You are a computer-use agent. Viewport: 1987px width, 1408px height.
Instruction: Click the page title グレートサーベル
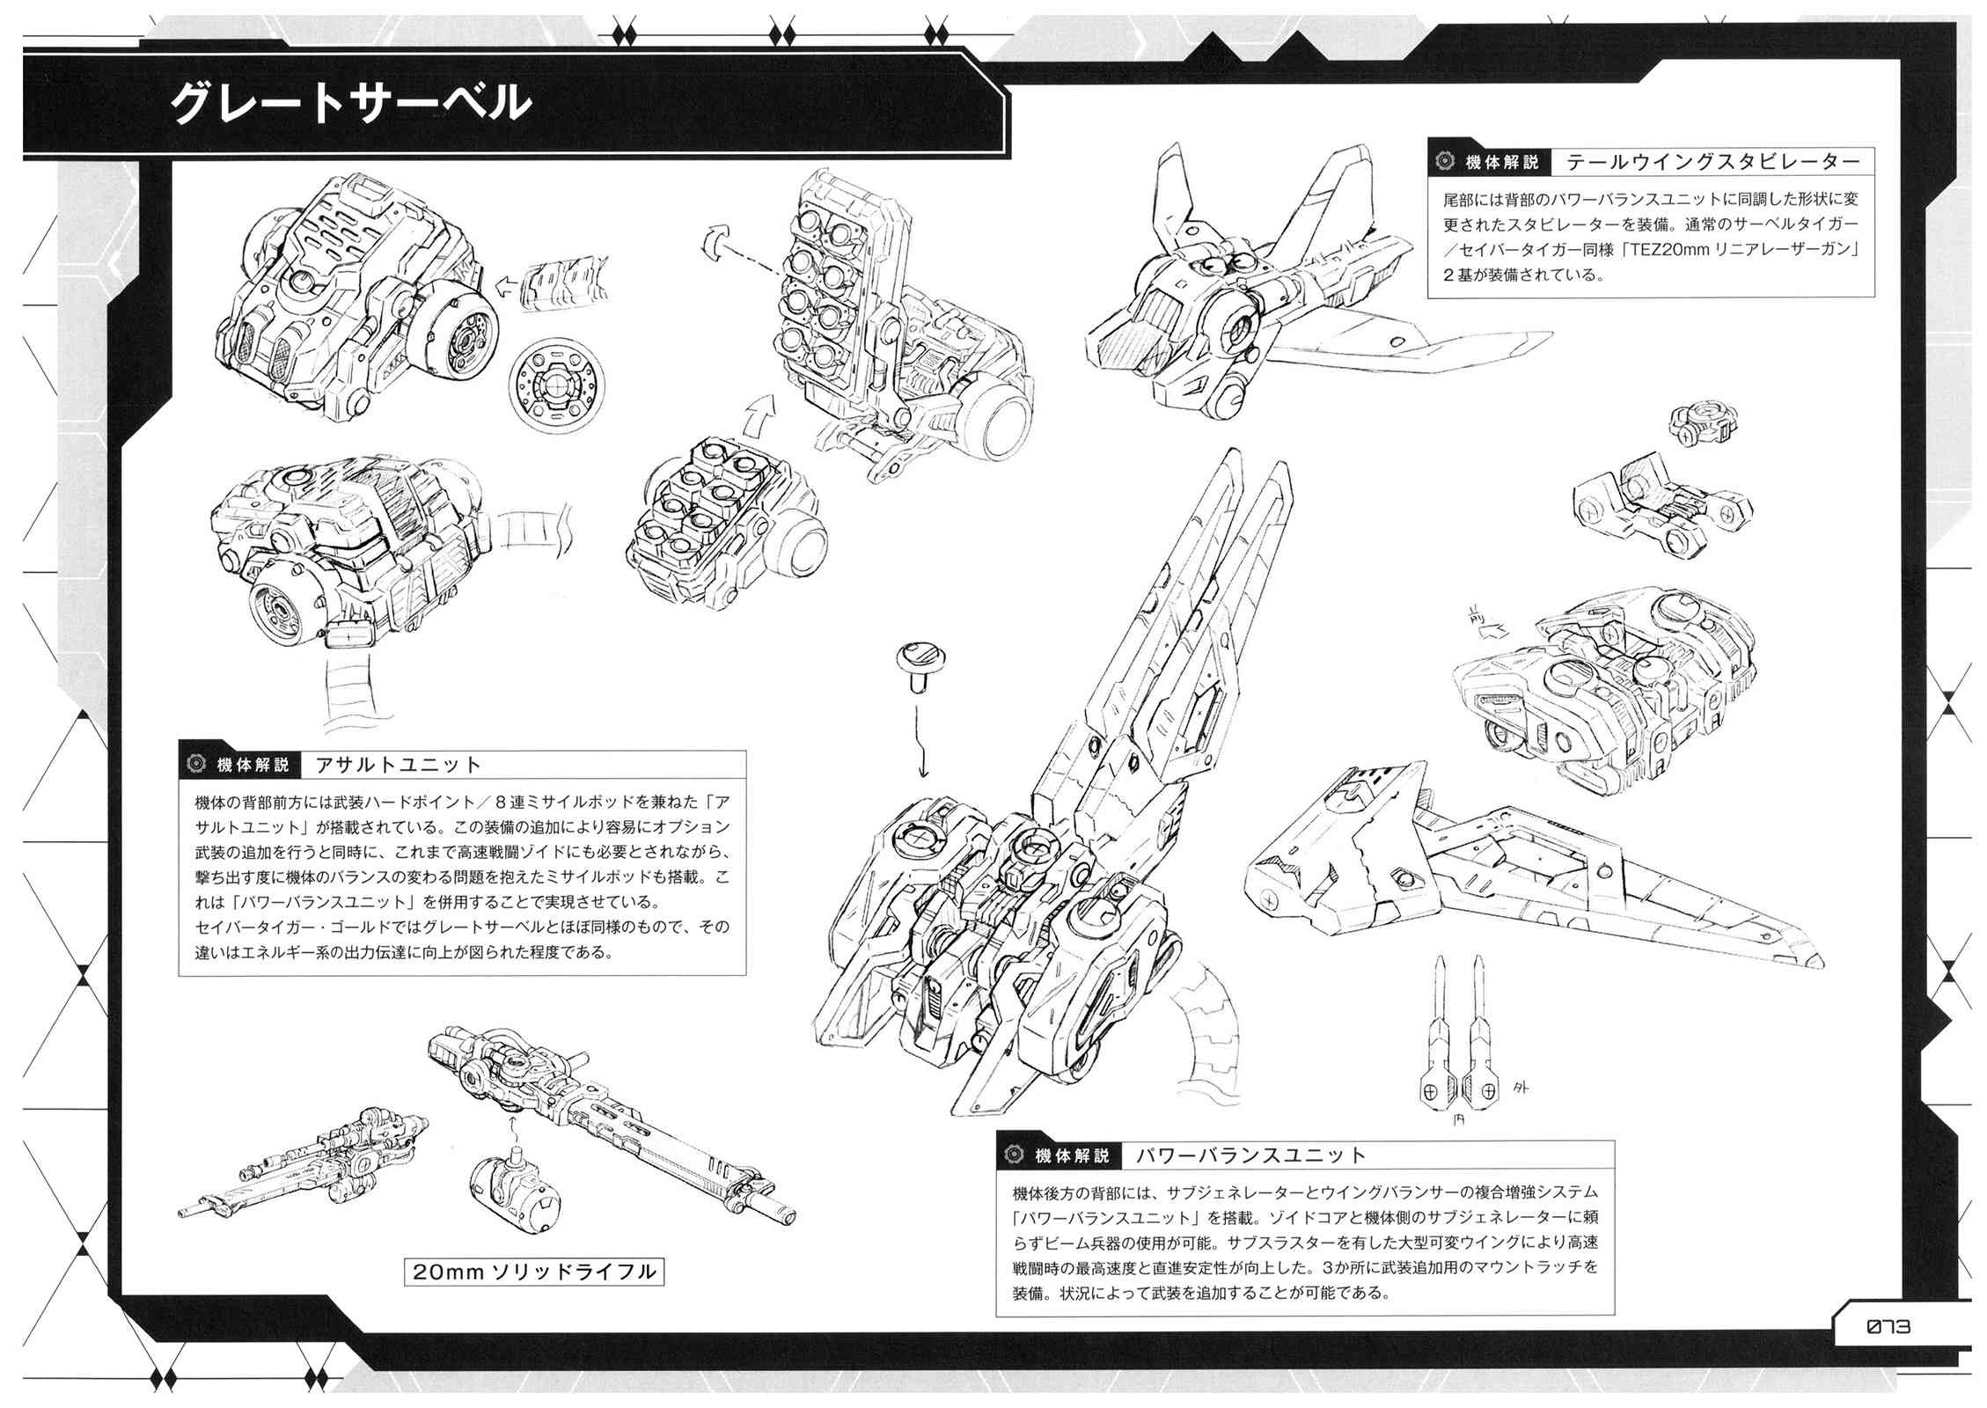pyautogui.click(x=349, y=104)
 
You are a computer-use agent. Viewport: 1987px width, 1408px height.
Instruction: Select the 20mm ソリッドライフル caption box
pyautogui.click(x=534, y=1272)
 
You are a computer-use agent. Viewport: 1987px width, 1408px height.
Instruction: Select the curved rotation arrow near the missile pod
pyautogui.click(x=717, y=242)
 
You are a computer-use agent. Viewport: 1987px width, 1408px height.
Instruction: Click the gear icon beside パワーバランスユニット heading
pyautogui.click(x=1014, y=1155)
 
